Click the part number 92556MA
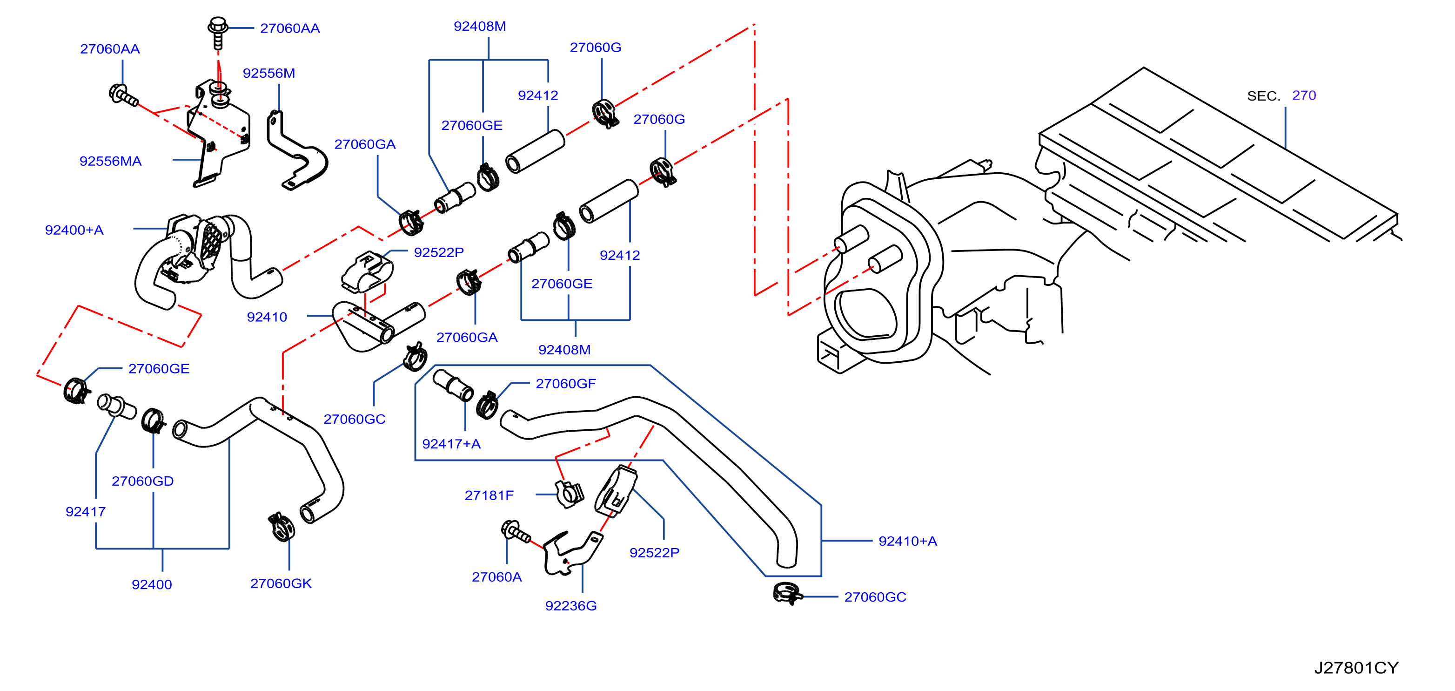(111, 161)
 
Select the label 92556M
(269, 73)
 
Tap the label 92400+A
(74, 230)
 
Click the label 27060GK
(281, 583)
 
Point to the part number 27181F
(489, 495)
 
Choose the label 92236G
(570, 606)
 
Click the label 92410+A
(908, 541)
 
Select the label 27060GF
(565, 384)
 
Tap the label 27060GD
(142, 481)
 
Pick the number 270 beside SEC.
(1304, 95)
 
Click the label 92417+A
(451, 444)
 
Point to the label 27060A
(496, 577)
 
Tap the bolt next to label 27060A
(515, 531)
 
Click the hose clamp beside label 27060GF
(487, 404)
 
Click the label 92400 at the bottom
(152, 584)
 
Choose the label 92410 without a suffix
(267, 317)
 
